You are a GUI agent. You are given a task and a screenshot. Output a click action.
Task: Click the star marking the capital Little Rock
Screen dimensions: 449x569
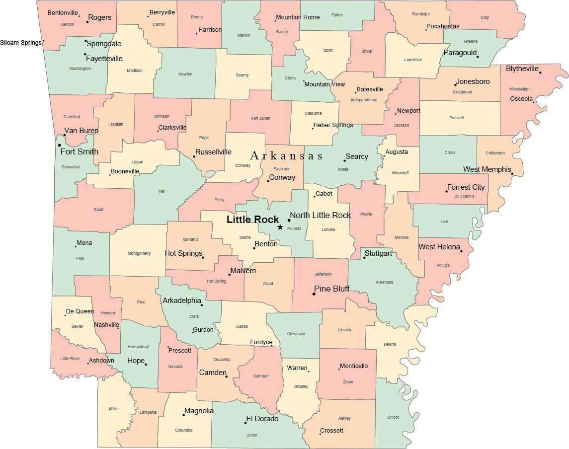point(280,227)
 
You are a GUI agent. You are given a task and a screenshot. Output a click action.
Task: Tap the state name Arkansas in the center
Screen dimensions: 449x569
point(286,156)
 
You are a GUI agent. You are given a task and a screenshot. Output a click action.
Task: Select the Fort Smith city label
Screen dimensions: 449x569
point(80,151)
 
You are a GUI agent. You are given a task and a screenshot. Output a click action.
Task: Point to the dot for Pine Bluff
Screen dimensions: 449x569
point(314,294)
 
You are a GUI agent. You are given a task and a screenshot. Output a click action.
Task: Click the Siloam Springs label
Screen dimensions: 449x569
point(21,42)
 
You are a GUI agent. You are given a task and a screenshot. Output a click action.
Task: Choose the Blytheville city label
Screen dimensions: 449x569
point(522,69)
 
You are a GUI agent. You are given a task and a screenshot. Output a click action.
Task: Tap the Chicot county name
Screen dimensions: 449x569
point(393,417)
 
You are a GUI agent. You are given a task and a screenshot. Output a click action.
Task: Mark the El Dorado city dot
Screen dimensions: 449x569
point(245,423)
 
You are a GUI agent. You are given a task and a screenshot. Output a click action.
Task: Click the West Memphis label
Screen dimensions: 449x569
point(487,169)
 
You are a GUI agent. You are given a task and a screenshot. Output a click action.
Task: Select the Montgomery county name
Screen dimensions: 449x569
point(139,253)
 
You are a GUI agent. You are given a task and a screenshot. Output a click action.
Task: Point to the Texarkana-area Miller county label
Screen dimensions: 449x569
point(114,409)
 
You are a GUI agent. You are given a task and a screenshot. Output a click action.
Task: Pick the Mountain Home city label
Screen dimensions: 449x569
point(298,17)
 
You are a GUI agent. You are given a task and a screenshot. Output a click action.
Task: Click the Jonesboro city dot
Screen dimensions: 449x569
point(455,85)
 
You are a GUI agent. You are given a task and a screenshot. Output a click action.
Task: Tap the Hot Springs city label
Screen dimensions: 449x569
point(183,253)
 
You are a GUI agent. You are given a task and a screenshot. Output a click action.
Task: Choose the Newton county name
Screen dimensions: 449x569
point(185,74)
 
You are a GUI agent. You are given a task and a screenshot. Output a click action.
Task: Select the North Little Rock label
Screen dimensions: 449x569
point(321,215)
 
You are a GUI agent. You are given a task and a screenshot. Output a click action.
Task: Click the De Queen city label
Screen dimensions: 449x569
point(80,311)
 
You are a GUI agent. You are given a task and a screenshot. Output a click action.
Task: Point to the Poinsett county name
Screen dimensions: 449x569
point(456,118)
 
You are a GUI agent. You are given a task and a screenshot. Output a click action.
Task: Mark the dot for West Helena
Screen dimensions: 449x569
point(462,251)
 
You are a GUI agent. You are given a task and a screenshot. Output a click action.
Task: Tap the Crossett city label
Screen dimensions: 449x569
point(331,430)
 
